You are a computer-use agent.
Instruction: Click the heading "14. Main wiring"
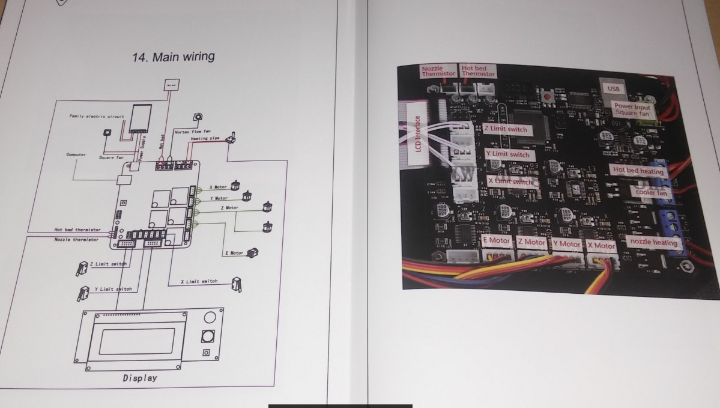coord(173,57)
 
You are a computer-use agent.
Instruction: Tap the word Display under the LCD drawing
coord(140,378)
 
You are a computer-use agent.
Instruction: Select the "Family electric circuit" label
coord(88,115)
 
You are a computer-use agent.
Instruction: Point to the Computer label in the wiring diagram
coord(76,154)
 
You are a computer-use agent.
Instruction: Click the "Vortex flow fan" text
coord(193,131)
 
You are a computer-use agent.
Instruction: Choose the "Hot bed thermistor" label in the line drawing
coord(76,230)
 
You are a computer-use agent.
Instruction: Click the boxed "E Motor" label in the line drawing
coord(234,253)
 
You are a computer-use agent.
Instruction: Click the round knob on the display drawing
coord(209,318)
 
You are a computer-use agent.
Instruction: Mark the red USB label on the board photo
coord(613,89)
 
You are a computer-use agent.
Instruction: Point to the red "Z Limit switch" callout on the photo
coord(505,129)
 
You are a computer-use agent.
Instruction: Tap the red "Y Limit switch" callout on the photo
coord(508,154)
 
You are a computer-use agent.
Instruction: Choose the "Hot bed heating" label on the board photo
coord(638,171)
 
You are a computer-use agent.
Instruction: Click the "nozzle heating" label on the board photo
coord(653,242)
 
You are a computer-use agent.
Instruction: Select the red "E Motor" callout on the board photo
coord(496,241)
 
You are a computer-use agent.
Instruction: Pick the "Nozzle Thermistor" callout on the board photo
coord(438,72)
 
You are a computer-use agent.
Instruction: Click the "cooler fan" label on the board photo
coord(651,193)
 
